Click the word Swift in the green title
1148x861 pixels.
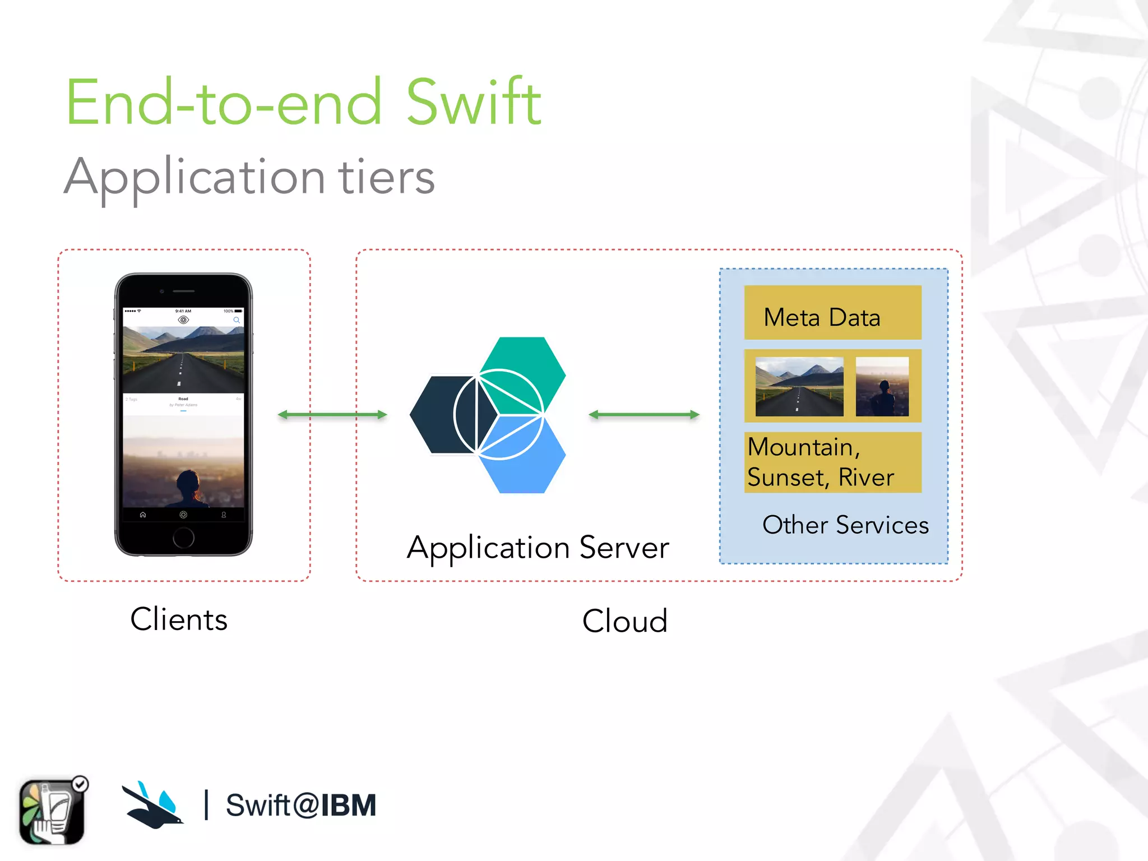click(474, 103)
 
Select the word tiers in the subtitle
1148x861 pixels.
click(386, 177)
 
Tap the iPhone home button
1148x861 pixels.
click(183, 538)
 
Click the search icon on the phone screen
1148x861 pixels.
click(237, 320)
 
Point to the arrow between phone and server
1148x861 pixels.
click(332, 415)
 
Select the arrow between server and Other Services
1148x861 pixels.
click(644, 415)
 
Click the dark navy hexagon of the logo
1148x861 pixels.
click(440, 415)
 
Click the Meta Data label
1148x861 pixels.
click(822, 317)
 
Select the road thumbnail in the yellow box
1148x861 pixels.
click(799, 386)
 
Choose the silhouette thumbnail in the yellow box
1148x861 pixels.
click(882, 386)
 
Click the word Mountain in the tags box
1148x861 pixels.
click(800, 447)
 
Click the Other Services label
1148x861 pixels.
click(845, 525)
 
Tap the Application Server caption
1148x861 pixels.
click(538, 548)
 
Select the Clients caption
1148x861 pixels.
click(179, 619)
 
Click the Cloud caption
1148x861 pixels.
click(624, 621)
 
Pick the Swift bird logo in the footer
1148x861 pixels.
click(152, 805)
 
